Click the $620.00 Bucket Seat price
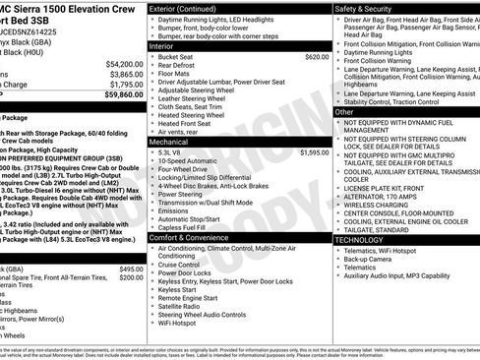click(x=317, y=57)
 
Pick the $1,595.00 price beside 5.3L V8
click(x=315, y=153)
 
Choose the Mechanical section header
click(x=170, y=142)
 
